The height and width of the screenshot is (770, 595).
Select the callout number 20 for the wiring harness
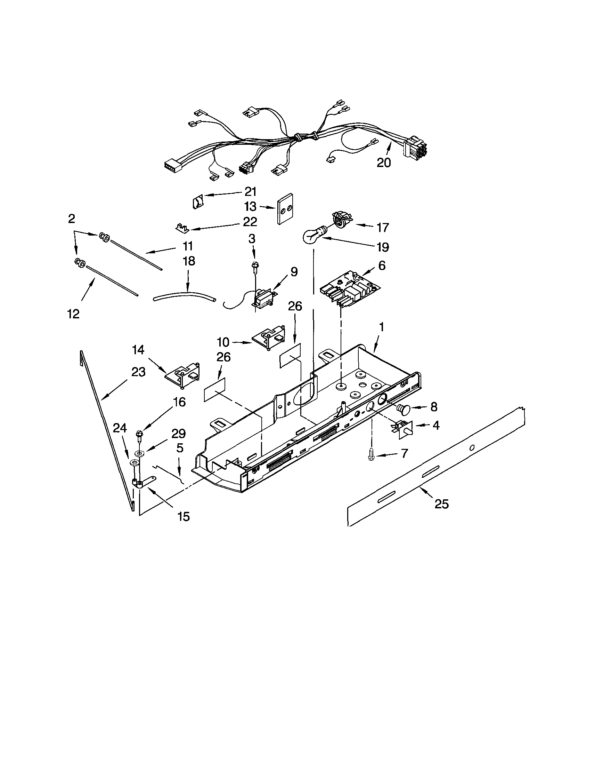point(384,162)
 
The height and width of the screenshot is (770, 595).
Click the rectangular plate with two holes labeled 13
point(285,209)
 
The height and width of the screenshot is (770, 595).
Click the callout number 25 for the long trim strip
point(441,505)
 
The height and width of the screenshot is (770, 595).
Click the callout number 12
point(73,313)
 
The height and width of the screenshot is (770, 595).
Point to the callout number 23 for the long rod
point(138,372)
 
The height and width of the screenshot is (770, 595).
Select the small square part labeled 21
point(198,203)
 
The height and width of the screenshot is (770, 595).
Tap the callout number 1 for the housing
point(381,327)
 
